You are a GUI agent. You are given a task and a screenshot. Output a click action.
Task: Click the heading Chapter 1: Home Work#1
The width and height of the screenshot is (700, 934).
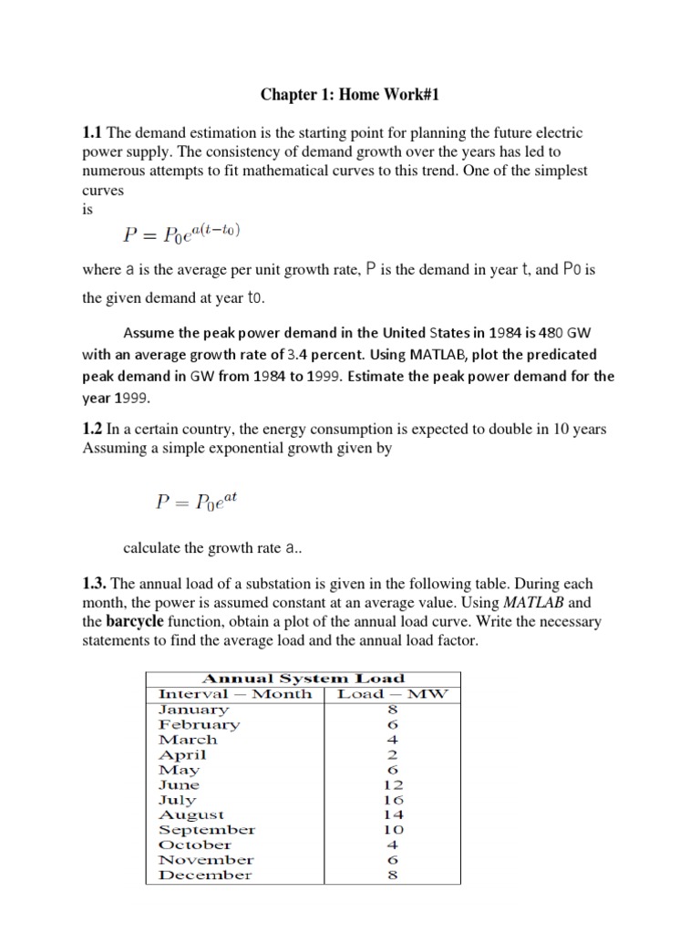(x=350, y=94)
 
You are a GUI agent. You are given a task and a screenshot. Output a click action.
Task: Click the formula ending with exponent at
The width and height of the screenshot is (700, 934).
(x=195, y=501)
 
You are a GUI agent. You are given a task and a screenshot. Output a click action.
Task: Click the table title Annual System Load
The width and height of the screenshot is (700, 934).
(x=303, y=679)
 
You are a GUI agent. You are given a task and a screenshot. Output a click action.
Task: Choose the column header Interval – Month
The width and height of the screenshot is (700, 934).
(x=235, y=694)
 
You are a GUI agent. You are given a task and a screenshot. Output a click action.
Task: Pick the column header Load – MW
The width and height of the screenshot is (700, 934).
(x=393, y=694)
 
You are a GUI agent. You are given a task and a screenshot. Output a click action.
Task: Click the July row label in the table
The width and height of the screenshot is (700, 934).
(x=177, y=800)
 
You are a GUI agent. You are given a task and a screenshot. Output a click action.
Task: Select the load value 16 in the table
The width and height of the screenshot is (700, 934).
(x=394, y=800)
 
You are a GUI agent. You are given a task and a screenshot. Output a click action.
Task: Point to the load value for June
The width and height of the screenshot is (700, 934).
(x=394, y=784)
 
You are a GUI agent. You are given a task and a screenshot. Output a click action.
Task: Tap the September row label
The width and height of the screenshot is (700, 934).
(x=206, y=830)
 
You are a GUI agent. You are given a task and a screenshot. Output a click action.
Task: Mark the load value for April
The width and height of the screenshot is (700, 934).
(x=394, y=754)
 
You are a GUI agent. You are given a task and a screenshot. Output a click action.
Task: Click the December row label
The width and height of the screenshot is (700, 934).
(x=205, y=875)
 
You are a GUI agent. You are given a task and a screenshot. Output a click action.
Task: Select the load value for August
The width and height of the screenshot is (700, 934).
(x=394, y=815)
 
